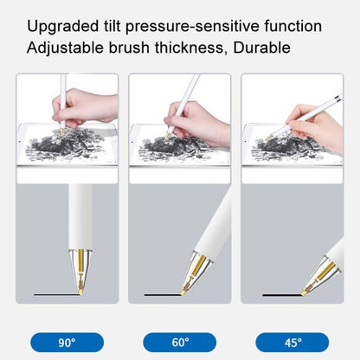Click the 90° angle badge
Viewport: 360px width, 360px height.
pyautogui.click(x=67, y=342)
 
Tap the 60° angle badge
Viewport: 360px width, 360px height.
pyautogui.click(x=179, y=342)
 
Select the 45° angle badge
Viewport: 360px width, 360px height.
pyautogui.click(x=292, y=342)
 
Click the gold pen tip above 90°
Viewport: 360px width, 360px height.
pyautogui.click(x=67, y=275)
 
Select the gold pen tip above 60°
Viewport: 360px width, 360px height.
pyautogui.click(x=191, y=274)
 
